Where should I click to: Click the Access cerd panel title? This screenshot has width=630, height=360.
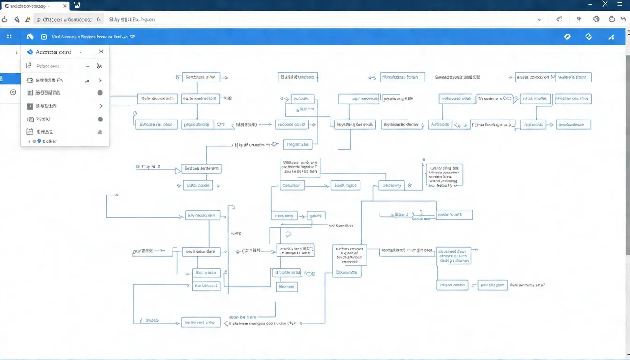(x=53, y=52)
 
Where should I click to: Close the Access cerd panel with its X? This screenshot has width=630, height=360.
(x=101, y=52)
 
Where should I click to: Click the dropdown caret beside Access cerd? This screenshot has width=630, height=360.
(x=81, y=52)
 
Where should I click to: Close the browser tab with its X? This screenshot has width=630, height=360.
(x=65, y=5)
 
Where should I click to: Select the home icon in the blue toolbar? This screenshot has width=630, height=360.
(x=30, y=37)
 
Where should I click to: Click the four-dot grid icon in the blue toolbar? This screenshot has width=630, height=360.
(x=9, y=37)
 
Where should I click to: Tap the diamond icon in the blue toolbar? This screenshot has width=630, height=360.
(x=589, y=37)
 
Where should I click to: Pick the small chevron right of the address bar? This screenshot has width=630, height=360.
(x=539, y=20)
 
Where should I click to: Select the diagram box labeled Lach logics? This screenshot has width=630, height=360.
(x=345, y=186)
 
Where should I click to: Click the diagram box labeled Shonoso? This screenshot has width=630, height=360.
(x=286, y=286)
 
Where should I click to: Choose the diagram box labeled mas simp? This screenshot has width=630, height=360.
(x=284, y=216)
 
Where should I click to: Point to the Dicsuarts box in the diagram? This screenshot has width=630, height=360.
(x=347, y=272)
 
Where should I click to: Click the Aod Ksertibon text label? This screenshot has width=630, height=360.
(x=341, y=225)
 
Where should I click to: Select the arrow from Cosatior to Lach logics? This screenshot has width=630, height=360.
(x=317, y=186)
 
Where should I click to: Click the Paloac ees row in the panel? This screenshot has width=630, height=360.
(x=48, y=66)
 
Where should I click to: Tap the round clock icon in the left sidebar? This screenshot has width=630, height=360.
(x=13, y=92)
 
